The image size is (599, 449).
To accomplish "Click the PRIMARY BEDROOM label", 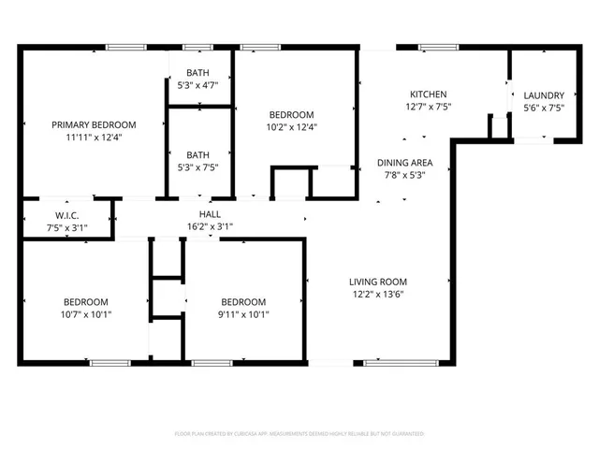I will [94, 124].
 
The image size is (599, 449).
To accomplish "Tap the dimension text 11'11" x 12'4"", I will [94, 137].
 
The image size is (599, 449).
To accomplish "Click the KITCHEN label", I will [429, 94].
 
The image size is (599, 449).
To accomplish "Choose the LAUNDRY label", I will [543, 94].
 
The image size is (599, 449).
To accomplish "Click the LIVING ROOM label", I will [378, 282].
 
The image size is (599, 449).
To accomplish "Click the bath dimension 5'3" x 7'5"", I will [197, 168].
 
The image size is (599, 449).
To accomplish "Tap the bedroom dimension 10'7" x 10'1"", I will [86, 314].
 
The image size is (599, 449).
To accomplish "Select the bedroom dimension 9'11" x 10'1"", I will [243, 314].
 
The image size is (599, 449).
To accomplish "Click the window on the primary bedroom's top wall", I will [124, 47].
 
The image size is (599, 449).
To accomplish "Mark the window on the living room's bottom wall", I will [386, 363].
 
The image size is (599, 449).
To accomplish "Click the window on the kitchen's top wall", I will [433, 47].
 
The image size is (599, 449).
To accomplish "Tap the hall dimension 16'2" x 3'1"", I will [210, 226].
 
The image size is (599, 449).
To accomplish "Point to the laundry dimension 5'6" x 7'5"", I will [543, 107].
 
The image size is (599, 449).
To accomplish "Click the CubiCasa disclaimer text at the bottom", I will [299, 434].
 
